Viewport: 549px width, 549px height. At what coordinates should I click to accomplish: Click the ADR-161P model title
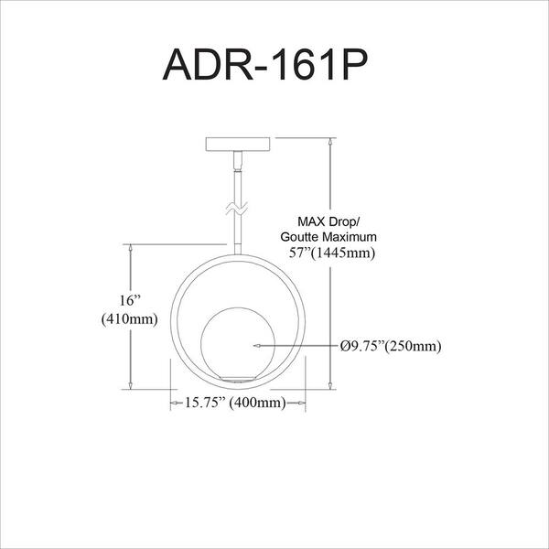pyautogui.click(x=265, y=65)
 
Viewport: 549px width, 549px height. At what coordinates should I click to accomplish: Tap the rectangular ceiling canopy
pyautogui.click(x=238, y=144)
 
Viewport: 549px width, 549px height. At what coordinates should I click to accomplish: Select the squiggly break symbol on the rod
pyautogui.click(x=237, y=209)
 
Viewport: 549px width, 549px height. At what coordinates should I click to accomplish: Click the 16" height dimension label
pyautogui.click(x=130, y=300)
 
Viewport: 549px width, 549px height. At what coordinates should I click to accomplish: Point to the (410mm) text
pyautogui.click(x=130, y=319)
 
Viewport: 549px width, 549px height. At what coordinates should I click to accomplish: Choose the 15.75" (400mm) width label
pyautogui.click(x=235, y=403)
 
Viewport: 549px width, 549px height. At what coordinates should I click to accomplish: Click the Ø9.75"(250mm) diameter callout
pyautogui.click(x=391, y=346)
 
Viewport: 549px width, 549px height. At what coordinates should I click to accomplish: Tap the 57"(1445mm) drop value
pyautogui.click(x=331, y=253)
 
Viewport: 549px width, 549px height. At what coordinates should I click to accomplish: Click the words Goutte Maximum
pyautogui.click(x=328, y=237)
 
